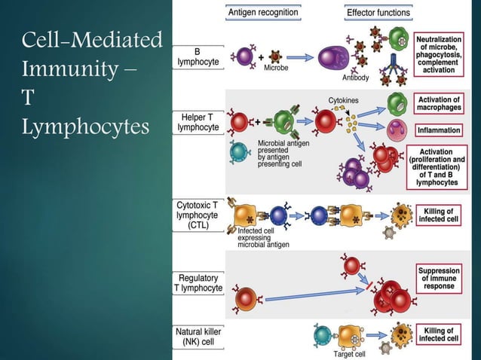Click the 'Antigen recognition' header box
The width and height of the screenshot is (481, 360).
pos(262,12)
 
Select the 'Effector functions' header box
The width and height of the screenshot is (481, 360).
pos(378,12)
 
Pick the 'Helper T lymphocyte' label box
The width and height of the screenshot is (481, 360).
pos(198,122)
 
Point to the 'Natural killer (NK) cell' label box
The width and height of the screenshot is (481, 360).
pos(198,334)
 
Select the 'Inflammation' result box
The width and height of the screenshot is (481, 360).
pos(438,130)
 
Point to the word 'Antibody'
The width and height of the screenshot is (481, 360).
pos(355,78)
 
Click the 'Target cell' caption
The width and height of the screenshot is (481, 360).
pos(350,353)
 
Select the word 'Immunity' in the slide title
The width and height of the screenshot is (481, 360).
pos(69,70)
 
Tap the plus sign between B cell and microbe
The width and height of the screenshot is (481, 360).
pos(261,56)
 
